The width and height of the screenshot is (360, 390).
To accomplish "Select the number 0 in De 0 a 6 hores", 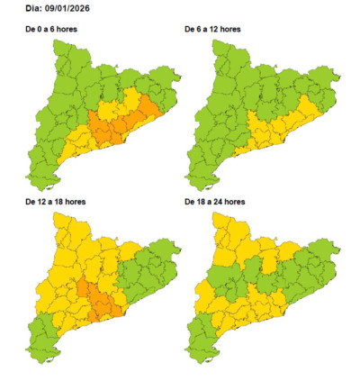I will tap(40, 30).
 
